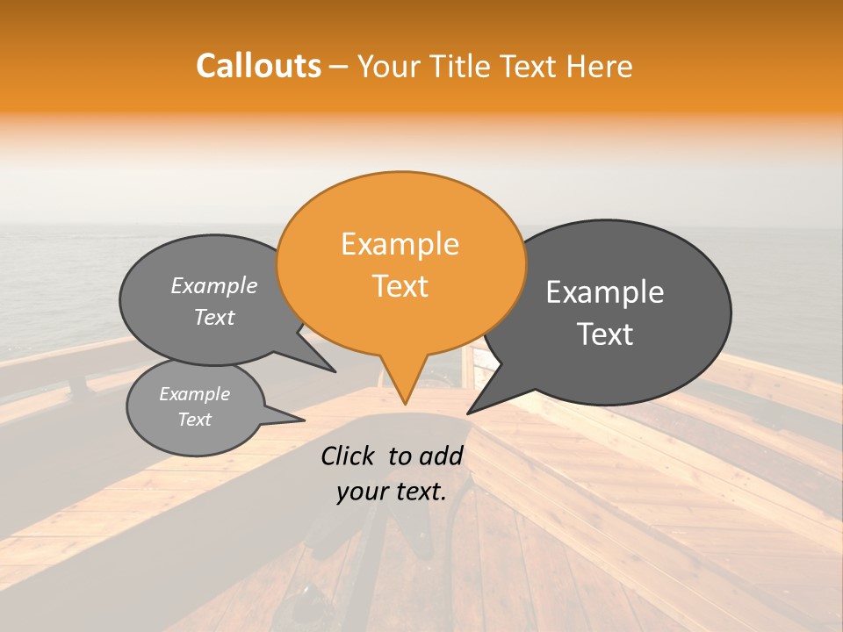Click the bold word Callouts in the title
point(258,66)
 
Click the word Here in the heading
point(600,67)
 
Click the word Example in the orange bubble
point(400,244)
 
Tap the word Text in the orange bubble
point(400,286)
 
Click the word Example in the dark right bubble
point(605,292)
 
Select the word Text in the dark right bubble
point(605,334)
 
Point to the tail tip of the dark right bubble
point(468,413)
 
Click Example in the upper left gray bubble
point(214,286)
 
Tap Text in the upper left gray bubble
point(214,318)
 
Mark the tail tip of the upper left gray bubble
point(335,371)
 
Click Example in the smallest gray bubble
point(194,394)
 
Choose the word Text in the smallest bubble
point(194,420)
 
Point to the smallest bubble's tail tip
point(304,420)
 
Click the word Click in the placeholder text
point(349,456)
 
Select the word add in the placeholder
point(443,456)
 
